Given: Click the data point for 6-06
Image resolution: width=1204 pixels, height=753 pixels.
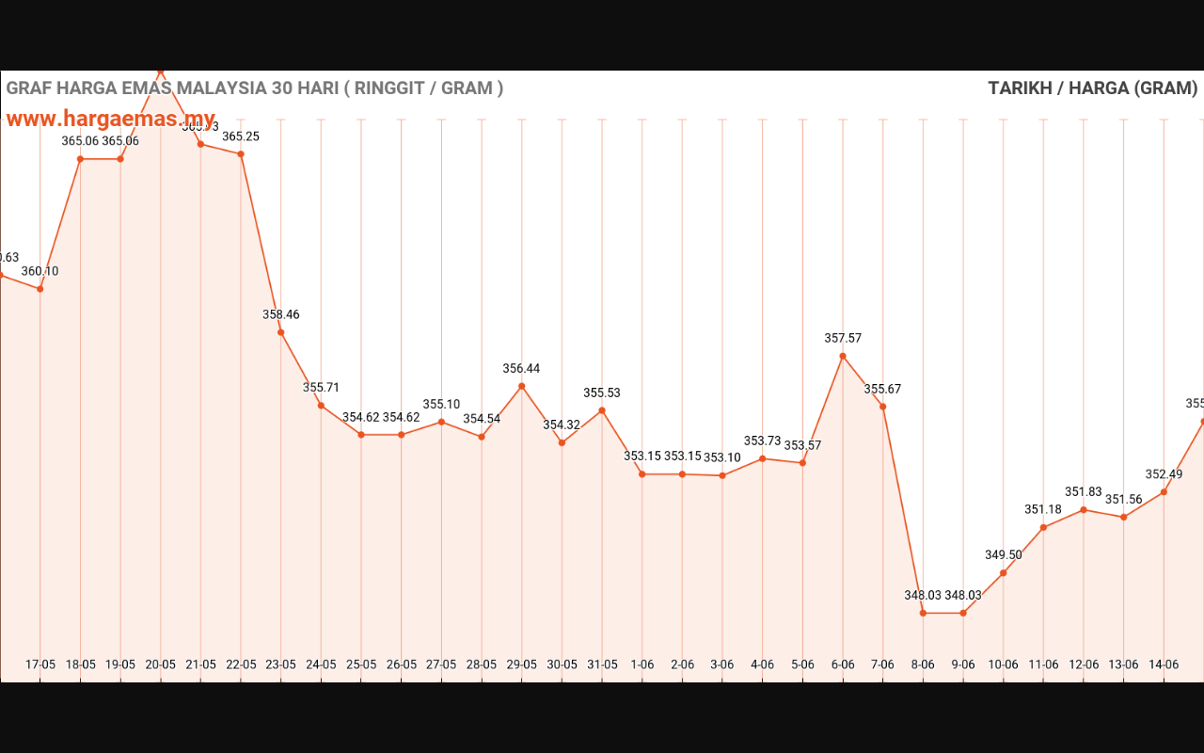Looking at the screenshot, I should [843, 356].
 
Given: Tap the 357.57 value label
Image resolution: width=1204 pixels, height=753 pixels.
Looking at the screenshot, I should [843, 338].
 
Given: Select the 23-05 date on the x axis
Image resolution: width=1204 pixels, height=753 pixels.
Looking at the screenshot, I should [280, 665].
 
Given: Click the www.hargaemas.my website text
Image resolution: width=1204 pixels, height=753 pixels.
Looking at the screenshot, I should [111, 120].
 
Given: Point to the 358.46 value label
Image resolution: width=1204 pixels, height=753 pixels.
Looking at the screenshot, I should [280, 314].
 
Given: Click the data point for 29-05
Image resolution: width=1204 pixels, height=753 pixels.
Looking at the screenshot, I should [521, 386].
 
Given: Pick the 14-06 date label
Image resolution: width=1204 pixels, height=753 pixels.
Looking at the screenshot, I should [1164, 665].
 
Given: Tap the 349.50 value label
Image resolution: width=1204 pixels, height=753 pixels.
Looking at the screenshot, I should [1003, 555].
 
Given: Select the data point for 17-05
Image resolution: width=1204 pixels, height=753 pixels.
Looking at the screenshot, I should [40, 289].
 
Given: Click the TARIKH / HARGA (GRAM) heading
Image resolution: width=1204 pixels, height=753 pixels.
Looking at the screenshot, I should [1092, 88].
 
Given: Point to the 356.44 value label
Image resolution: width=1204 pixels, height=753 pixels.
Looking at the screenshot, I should [521, 369].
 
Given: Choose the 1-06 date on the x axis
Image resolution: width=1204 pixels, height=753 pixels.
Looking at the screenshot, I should [642, 665].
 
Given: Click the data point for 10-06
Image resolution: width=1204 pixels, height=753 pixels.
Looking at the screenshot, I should [1003, 573].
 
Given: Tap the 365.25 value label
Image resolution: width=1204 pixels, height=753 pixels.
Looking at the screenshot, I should [241, 136].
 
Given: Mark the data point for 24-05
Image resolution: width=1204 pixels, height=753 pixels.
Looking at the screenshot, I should [321, 406].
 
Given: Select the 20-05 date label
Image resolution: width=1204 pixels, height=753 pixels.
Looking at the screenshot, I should [160, 665].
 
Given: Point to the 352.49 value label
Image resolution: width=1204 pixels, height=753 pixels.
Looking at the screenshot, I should [1164, 474].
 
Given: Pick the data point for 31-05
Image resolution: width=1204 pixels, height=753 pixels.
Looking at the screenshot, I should [602, 410].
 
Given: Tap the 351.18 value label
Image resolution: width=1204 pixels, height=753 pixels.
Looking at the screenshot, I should [1043, 510].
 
